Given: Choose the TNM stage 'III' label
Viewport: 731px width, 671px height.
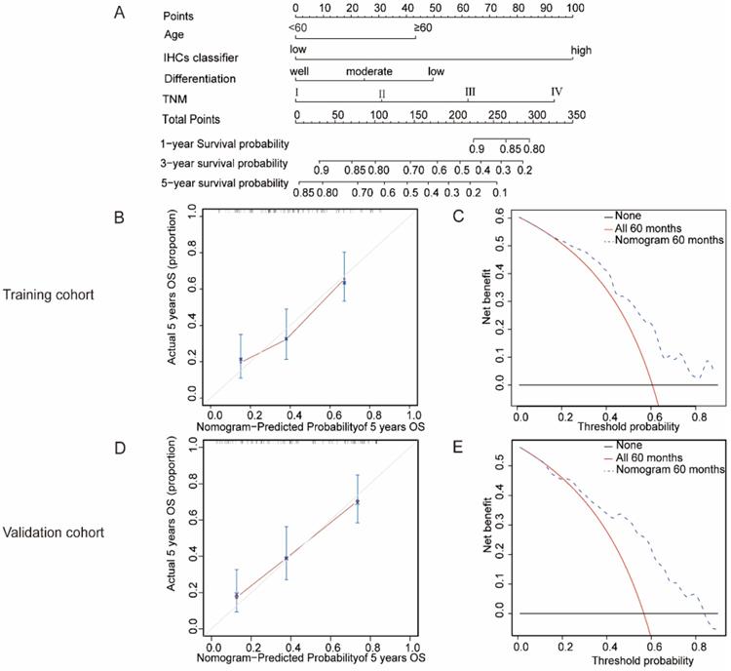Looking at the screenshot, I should (x=470, y=92).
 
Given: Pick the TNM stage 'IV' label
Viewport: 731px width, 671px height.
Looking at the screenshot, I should (x=557, y=92).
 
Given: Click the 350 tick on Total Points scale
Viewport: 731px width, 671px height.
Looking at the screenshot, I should (x=575, y=115).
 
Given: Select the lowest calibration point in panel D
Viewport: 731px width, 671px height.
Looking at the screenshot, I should (x=236, y=595).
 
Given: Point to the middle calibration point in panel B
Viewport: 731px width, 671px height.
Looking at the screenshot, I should (x=286, y=338).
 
